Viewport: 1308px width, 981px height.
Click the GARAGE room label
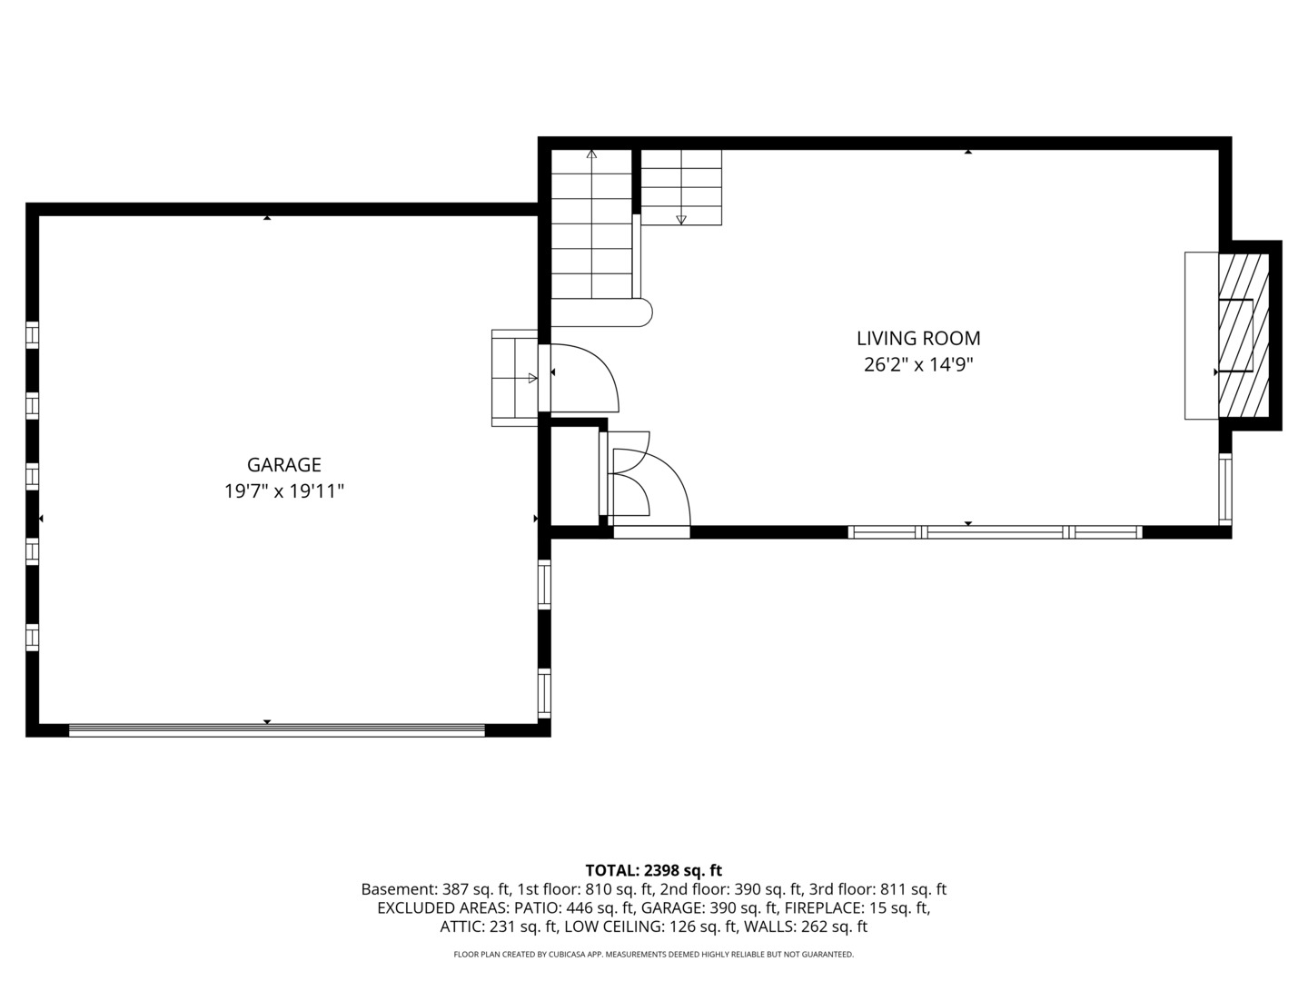point(284,465)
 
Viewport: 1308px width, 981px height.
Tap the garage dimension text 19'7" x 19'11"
point(284,491)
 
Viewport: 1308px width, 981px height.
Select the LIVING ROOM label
point(918,339)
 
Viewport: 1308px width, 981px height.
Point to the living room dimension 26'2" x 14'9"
point(918,365)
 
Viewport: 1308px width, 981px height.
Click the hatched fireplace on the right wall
point(1243,335)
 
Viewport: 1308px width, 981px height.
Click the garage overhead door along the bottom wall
point(277,728)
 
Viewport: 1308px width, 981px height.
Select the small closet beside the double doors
point(574,474)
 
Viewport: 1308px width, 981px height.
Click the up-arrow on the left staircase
point(591,155)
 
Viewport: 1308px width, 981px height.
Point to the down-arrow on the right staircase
point(681,219)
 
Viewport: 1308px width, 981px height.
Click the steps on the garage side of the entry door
point(514,378)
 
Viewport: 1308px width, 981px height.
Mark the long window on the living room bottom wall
point(995,532)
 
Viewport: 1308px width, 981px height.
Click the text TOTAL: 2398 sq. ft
point(653,870)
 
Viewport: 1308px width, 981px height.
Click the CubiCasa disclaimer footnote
point(653,955)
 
